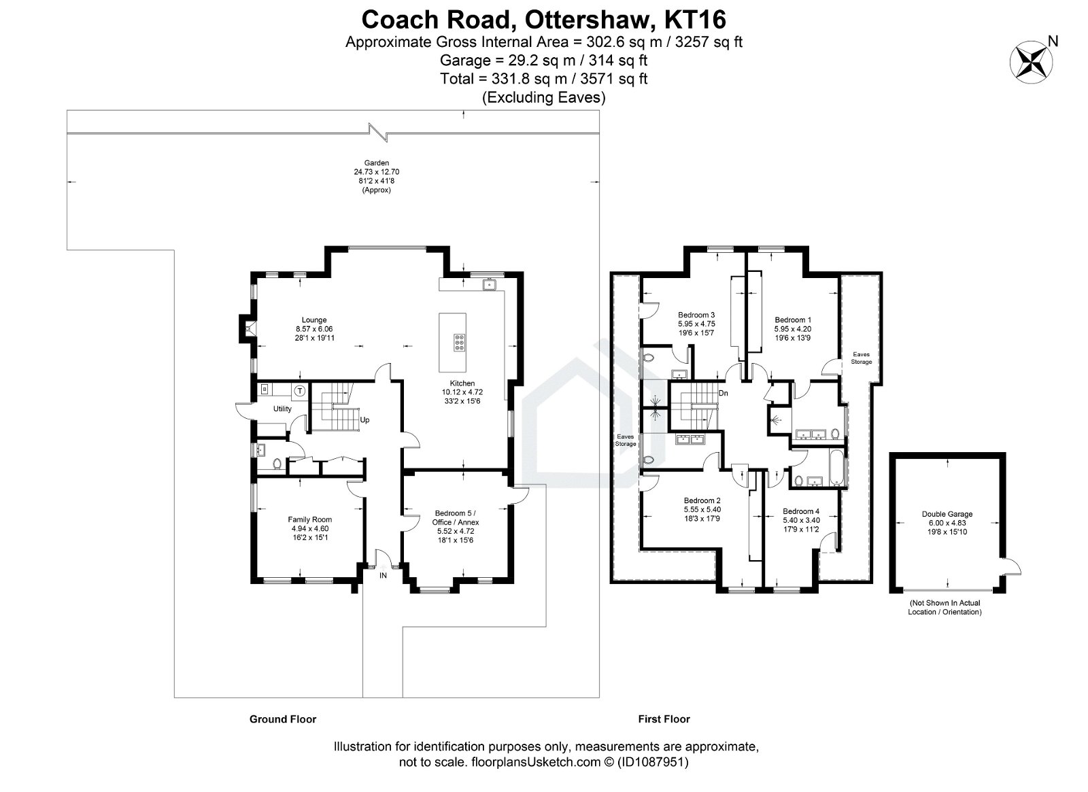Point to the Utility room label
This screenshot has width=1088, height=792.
[x=282, y=409]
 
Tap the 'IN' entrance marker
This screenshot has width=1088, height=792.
[x=383, y=575]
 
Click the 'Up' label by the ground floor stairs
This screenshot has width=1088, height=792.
[x=364, y=420]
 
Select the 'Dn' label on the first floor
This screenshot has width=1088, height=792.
[x=724, y=393]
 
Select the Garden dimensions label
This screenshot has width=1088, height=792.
[x=376, y=177]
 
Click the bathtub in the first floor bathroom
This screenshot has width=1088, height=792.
[x=836, y=468]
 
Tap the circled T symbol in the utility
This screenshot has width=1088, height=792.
[x=299, y=390]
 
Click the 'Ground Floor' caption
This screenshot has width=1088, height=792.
[x=283, y=719]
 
